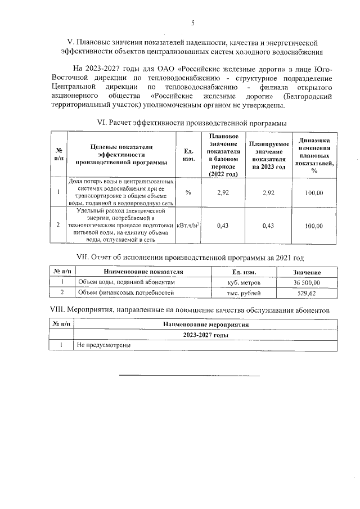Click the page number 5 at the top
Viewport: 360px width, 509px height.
tap(193, 23)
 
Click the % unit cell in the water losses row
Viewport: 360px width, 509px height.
tap(188, 193)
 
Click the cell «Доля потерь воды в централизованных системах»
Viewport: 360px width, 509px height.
tap(121, 193)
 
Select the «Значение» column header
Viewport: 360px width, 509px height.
tap(307, 272)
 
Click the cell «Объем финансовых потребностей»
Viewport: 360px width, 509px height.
tap(126, 293)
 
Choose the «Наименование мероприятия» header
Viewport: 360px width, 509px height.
tap(205, 325)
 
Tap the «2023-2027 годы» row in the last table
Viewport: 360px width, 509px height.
tap(205, 335)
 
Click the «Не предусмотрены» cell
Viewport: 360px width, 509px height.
tap(105, 346)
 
